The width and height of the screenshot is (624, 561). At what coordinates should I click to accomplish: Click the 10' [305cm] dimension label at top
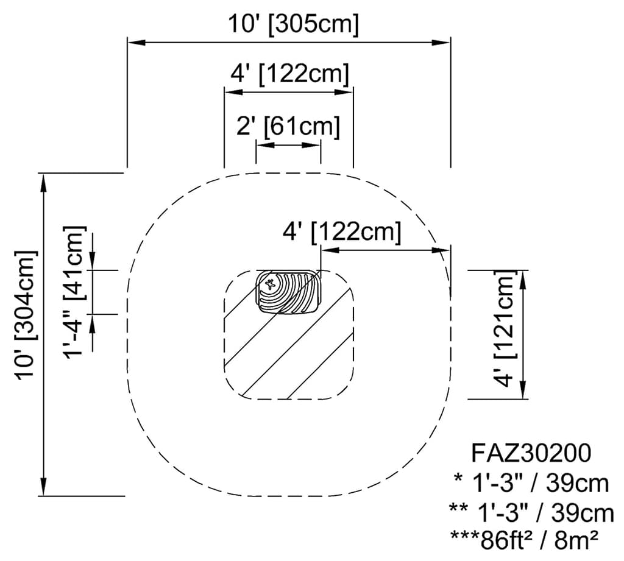tap(293, 24)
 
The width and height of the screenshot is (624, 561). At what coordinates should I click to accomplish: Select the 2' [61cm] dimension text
tap(288, 127)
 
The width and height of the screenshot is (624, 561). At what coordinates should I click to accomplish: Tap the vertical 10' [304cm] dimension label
tap(26, 314)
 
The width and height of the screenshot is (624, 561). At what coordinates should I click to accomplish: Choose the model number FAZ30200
tap(531, 453)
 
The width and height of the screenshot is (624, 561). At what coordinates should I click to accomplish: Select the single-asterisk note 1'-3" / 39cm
tap(531, 482)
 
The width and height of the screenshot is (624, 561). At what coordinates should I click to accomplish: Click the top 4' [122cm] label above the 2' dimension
tap(289, 74)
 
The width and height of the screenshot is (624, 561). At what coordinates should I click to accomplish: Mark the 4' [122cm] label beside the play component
tap(342, 232)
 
